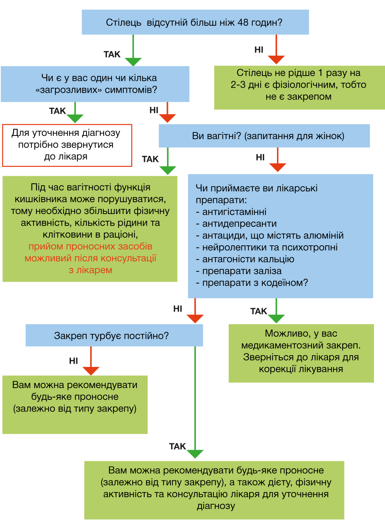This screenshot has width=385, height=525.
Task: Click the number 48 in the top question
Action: pyautogui.click(x=243, y=22)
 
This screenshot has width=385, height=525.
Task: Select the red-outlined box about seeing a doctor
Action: pyautogui.click(x=67, y=145)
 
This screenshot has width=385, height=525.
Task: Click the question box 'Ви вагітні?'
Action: pyautogui.click(x=264, y=136)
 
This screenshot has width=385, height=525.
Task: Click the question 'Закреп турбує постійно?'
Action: pyautogui.click(x=111, y=336)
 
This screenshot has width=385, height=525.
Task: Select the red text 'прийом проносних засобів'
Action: pyautogui.click(x=90, y=246)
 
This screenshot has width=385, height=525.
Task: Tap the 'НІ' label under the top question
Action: pyautogui.click(x=259, y=50)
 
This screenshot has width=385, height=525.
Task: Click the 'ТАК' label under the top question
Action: pyautogui.click(x=112, y=54)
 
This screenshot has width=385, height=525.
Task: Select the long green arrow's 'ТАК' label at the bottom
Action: pyautogui.click(x=178, y=447)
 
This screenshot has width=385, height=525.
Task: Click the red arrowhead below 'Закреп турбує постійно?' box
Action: pyautogui.click(x=91, y=371)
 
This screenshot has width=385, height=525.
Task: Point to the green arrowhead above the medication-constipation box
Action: pyautogui.click(x=276, y=319)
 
